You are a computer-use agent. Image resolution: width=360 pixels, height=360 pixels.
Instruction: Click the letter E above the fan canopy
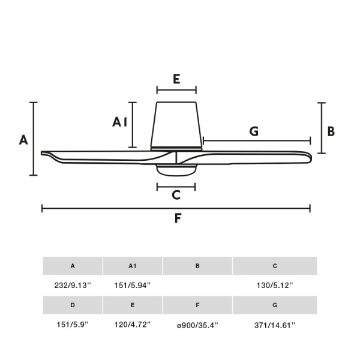point(176,79)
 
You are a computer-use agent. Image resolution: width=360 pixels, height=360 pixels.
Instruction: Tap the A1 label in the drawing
point(119,122)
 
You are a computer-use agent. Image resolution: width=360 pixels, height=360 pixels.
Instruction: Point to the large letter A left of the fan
point(23,140)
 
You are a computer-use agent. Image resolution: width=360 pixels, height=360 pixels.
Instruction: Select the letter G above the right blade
point(254,131)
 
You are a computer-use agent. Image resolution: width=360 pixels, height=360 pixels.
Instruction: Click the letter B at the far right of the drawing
point(331,131)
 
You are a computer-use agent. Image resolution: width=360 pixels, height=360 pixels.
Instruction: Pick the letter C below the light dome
point(176,195)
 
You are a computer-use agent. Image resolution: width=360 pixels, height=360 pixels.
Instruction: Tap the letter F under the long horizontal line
point(178,218)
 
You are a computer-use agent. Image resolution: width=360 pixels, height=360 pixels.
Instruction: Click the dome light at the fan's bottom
point(176,170)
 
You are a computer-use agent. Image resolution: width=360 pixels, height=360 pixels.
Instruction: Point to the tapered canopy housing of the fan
point(176,126)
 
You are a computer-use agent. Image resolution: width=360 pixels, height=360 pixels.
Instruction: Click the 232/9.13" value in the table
point(73,286)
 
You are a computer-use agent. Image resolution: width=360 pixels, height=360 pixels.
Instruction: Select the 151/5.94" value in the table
point(133,286)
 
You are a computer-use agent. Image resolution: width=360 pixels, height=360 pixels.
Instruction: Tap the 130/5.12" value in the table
point(275,286)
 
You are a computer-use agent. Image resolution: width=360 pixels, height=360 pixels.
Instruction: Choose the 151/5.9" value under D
point(73,325)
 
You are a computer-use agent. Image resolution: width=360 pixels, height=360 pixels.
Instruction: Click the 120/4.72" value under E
point(133,325)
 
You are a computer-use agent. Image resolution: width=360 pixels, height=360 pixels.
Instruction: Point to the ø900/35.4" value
point(197,325)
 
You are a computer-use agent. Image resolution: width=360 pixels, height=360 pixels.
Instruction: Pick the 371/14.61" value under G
point(275,325)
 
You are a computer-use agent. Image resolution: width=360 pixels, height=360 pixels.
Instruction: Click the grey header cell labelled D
point(73,305)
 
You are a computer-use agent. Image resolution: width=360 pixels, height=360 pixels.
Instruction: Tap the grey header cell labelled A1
point(133,266)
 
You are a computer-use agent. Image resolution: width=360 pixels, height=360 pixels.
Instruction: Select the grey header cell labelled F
point(197,305)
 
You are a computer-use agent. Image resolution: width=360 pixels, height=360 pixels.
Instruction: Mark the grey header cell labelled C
point(275,266)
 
